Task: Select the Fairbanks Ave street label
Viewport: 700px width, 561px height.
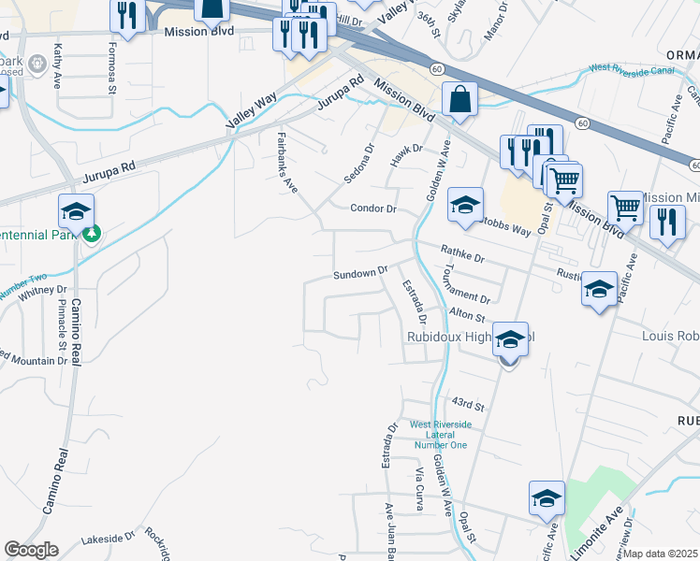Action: (287, 162)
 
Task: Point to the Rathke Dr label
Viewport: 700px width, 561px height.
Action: (462, 253)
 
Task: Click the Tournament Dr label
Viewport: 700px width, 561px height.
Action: (464, 286)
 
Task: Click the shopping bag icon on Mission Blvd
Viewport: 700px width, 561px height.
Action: (460, 100)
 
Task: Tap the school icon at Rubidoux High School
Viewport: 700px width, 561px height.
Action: (511, 339)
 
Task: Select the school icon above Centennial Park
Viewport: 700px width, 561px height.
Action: (76, 211)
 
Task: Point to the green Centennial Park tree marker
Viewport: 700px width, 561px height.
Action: (91, 233)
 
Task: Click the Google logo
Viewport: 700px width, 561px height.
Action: (30, 550)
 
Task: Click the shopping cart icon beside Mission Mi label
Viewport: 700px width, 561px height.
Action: (625, 209)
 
